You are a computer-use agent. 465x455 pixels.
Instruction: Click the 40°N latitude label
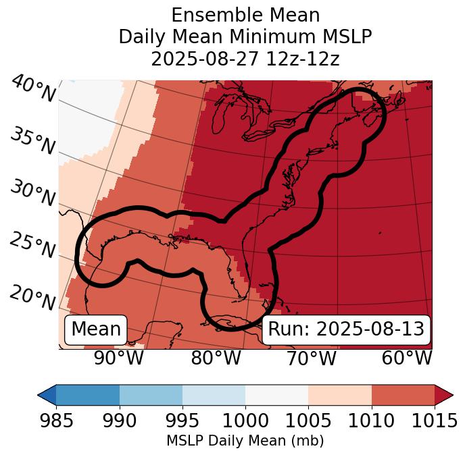(x=32, y=89)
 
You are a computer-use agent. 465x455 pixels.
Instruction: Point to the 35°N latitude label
(x=32, y=141)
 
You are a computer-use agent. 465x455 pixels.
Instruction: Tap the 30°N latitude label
(x=32, y=194)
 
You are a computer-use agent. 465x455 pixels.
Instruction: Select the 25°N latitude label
(x=32, y=246)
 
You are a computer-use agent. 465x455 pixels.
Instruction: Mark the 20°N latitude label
(x=32, y=298)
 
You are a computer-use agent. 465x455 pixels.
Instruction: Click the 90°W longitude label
(x=119, y=358)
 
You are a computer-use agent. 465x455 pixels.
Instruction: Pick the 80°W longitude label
(x=216, y=358)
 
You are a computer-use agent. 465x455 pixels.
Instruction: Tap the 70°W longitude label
(x=312, y=358)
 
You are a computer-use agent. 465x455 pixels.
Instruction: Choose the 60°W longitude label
(x=407, y=358)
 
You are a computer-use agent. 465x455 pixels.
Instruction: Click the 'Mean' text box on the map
(x=96, y=329)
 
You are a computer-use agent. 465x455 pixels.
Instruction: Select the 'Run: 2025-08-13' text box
(x=346, y=329)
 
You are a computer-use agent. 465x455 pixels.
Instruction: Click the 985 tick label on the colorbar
(x=56, y=421)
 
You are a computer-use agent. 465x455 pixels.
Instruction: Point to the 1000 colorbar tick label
(x=245, y=421)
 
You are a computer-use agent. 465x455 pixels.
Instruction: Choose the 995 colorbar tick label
(x=182, y=421)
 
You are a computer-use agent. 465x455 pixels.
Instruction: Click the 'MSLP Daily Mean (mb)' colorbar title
(x=245, y=441)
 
